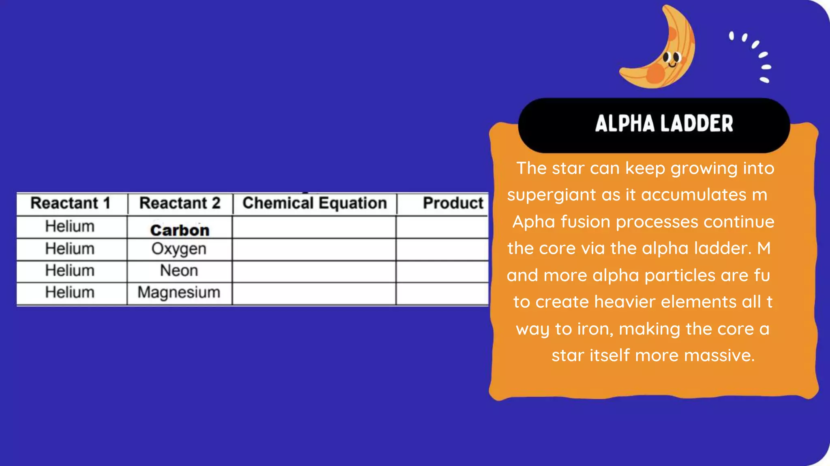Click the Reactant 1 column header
(71, 203)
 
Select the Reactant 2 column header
(180, 203)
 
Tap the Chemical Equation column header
(314, 203)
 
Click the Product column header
(453, 203)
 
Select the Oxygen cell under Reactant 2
(179, 249)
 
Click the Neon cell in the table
(179, 271)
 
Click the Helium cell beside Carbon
(70, 227)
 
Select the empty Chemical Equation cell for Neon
(314, 271)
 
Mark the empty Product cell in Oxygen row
(442, 249)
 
